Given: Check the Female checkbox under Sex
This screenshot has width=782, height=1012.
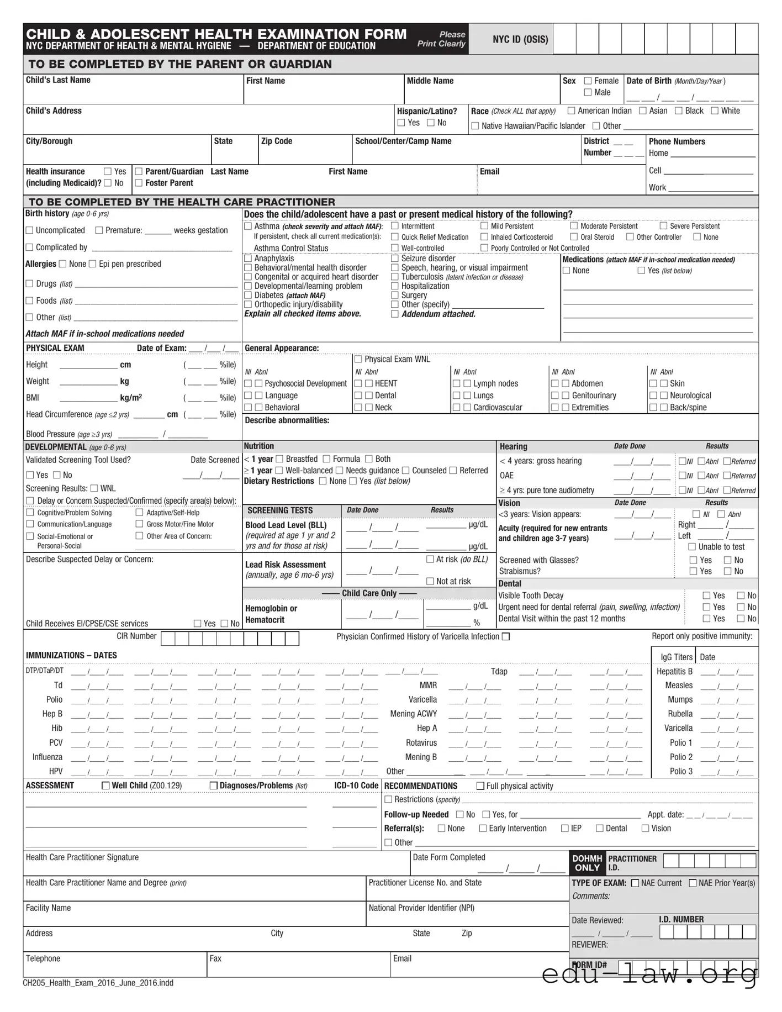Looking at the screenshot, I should [588, 81].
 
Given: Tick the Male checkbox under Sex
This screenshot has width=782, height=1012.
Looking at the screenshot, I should [588, 92].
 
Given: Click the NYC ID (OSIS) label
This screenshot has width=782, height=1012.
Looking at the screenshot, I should [520, 39].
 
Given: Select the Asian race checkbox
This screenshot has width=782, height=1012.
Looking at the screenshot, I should [643, 111].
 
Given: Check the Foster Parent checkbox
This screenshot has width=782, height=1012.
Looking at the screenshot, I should [139, 183].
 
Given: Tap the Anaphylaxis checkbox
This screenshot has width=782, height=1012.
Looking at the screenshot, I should [248, 259].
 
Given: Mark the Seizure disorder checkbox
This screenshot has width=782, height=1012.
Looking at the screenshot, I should [395, 259].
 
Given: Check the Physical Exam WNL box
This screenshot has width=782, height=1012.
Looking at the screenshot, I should [358, 359].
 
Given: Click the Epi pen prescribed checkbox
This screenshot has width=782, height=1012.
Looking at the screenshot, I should [93, 264].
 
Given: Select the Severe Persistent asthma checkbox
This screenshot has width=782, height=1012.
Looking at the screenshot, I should [663, 226].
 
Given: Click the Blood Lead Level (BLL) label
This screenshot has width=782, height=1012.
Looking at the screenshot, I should [286, 525].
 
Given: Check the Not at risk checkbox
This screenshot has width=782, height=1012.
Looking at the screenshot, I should [430, 581].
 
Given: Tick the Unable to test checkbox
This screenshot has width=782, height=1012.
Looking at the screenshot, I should [692, 547].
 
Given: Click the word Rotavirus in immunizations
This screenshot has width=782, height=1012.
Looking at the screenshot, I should [421, 742].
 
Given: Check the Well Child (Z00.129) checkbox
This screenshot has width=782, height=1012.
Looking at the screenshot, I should [106, 786].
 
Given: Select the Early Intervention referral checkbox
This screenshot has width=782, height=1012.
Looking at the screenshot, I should [483, 828].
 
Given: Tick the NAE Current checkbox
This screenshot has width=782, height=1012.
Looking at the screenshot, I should [635, 883].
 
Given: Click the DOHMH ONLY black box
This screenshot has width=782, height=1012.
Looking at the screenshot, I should [587, 863].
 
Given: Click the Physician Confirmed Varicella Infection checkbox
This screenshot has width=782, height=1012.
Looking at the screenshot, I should [505, 636].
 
